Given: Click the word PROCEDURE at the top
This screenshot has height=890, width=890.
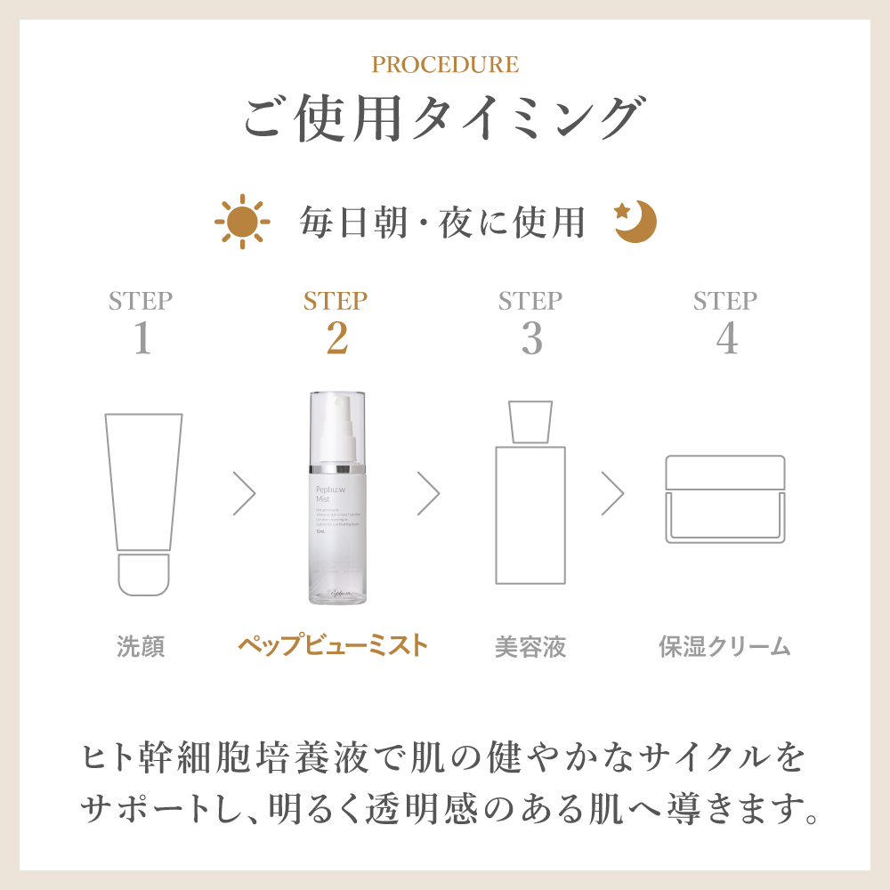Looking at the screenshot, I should [x=445, y=65].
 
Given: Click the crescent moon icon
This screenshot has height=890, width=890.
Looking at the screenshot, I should [x=637, y=222].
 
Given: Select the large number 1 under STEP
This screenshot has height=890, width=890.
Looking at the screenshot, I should [x=142, y=339].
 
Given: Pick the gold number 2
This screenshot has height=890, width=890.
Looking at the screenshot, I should [x=336, y=339].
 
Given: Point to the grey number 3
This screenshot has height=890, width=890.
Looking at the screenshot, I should [x=531, y=339].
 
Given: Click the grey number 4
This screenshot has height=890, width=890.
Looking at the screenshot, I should [x=726, y=339].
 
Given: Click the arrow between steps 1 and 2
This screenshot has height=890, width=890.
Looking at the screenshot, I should [x=244, y=492].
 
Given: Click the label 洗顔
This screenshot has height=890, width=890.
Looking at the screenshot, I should [x=142, y=646].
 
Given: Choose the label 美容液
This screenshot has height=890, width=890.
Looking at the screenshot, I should [x=530, y=646].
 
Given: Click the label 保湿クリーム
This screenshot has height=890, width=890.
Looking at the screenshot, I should [x=724, y=646].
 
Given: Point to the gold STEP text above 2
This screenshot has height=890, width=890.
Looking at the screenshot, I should [x=336, y=301].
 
